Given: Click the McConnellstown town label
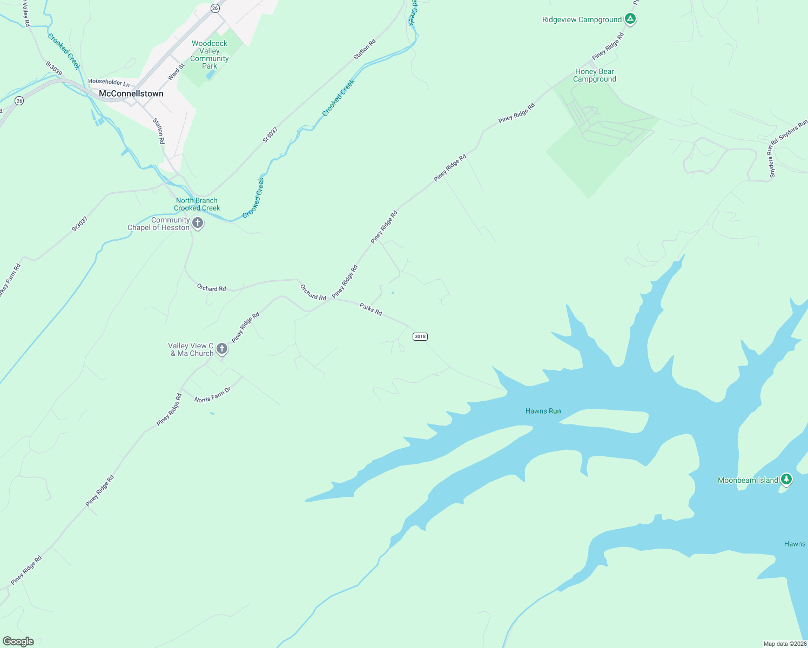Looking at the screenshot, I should (131, 93).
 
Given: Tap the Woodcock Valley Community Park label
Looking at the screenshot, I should (210, 55).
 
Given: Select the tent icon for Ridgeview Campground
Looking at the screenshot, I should (630, 19).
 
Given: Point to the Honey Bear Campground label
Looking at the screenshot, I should (594, 75).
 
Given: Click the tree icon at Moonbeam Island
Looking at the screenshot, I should (786, 479).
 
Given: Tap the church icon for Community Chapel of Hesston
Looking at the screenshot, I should (198, 223).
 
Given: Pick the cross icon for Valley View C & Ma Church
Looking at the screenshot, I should (221, 349).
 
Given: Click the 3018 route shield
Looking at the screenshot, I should (420, 336).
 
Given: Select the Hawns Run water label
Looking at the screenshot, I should (543, 411).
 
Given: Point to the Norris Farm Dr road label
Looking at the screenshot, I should (212, 395).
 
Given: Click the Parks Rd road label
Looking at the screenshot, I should (371, 309).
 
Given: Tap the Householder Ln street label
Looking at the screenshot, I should (109, 82).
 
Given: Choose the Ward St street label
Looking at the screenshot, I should (176, 72).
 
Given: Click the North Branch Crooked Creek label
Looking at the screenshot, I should (197, 204).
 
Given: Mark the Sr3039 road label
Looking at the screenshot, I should (53, 68).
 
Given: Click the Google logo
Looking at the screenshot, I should (18, 642).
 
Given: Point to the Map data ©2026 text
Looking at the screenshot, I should (784, 644).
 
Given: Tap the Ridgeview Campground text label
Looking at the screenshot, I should (582, 19).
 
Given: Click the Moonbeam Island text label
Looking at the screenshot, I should (748, 480).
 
